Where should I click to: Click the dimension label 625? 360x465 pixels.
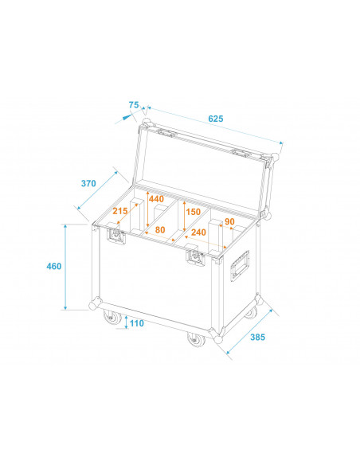215,119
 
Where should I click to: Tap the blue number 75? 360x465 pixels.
133,104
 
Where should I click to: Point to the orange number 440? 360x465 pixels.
156,199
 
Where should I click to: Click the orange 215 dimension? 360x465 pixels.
119,212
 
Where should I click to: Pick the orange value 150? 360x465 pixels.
193,212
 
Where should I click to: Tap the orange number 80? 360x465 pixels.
159,230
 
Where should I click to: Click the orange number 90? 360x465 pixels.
229,221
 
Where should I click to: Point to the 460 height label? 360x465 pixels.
53,266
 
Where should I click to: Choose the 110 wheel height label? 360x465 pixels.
136,323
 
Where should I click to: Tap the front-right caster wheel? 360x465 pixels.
194,340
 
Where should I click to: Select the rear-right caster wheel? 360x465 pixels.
252,313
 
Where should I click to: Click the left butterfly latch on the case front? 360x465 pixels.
115,236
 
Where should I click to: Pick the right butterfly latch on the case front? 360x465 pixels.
195,256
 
